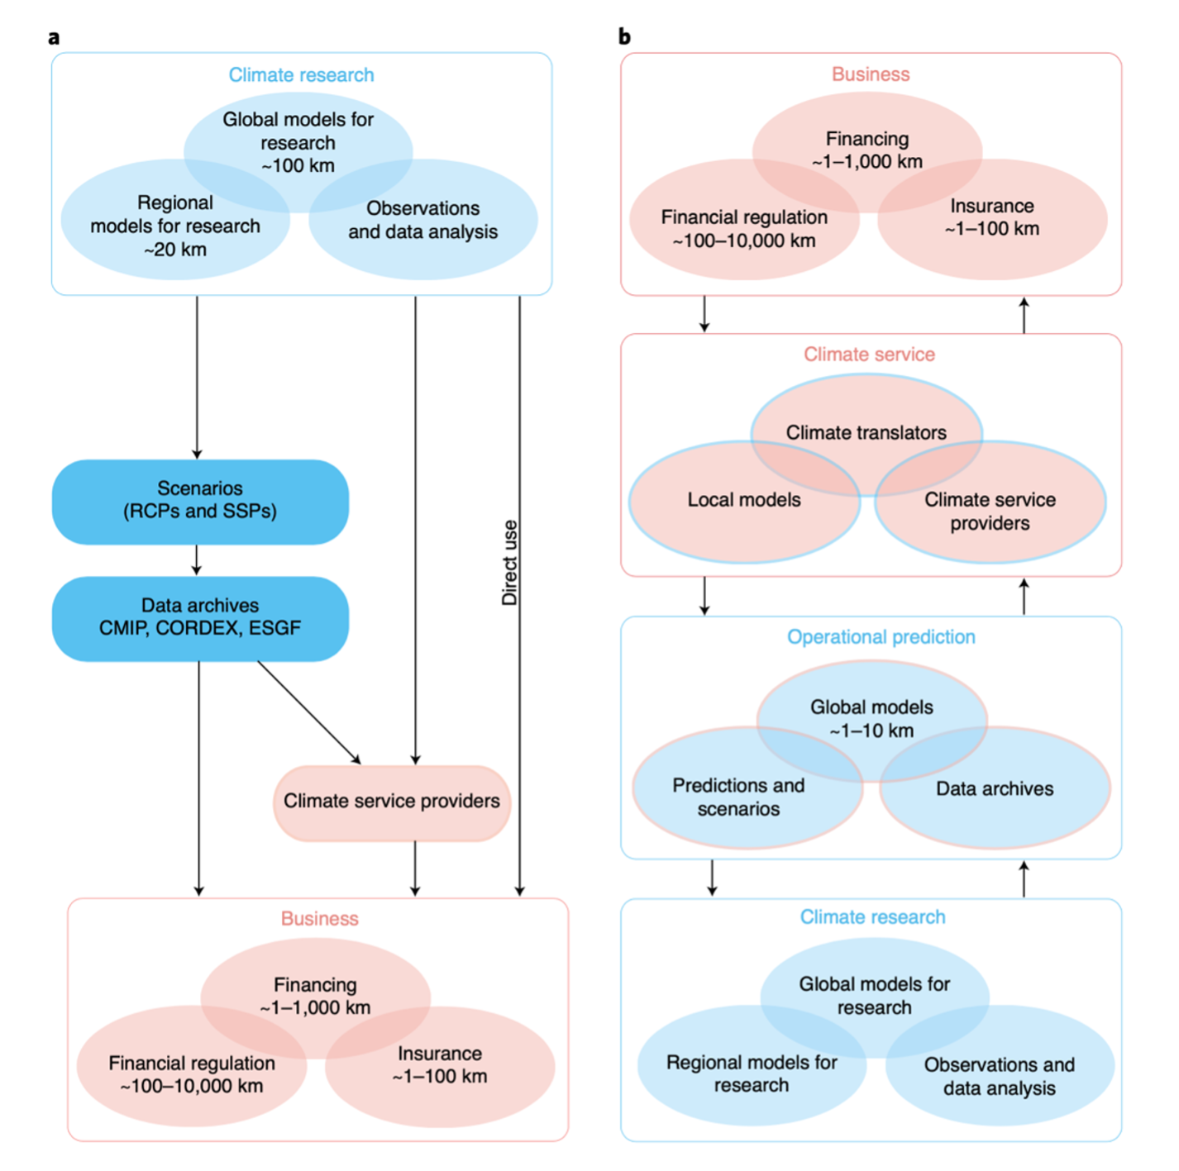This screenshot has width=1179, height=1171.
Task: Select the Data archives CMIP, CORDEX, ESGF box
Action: [200, 618]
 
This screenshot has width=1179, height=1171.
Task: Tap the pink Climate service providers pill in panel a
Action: [392, 802]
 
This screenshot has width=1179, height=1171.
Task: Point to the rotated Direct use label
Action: [509, 562]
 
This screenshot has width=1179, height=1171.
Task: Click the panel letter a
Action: [54, 38]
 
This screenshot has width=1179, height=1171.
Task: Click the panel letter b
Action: [624, 37]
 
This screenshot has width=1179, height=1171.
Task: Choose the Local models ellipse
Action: [728, 512]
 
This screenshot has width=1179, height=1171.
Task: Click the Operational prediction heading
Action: [881, 637]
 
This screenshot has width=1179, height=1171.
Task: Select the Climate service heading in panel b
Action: [869, 355]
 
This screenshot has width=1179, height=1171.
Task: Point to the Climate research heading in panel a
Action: [301, 75]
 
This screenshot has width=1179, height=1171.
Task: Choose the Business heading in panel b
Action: [871, 74]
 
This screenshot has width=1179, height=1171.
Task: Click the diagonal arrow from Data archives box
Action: [309, 712]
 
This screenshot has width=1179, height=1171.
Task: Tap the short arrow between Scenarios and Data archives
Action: [196, 559]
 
